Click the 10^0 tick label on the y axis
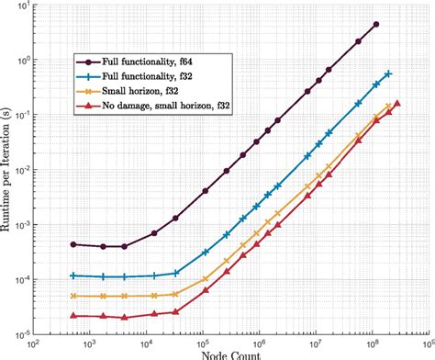click(x=21, y=60)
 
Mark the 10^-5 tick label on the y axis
click(x=21, y=332)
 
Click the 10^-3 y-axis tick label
click(x=21, y=223)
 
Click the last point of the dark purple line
click(x=375, y=25)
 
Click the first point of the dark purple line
click(x=73, y=244)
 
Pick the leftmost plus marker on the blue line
click(x=73, y=276)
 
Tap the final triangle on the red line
click(x=397, y=103)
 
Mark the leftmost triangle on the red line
click(x=73, y=316)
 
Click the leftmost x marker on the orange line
click(x=73, y=296)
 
